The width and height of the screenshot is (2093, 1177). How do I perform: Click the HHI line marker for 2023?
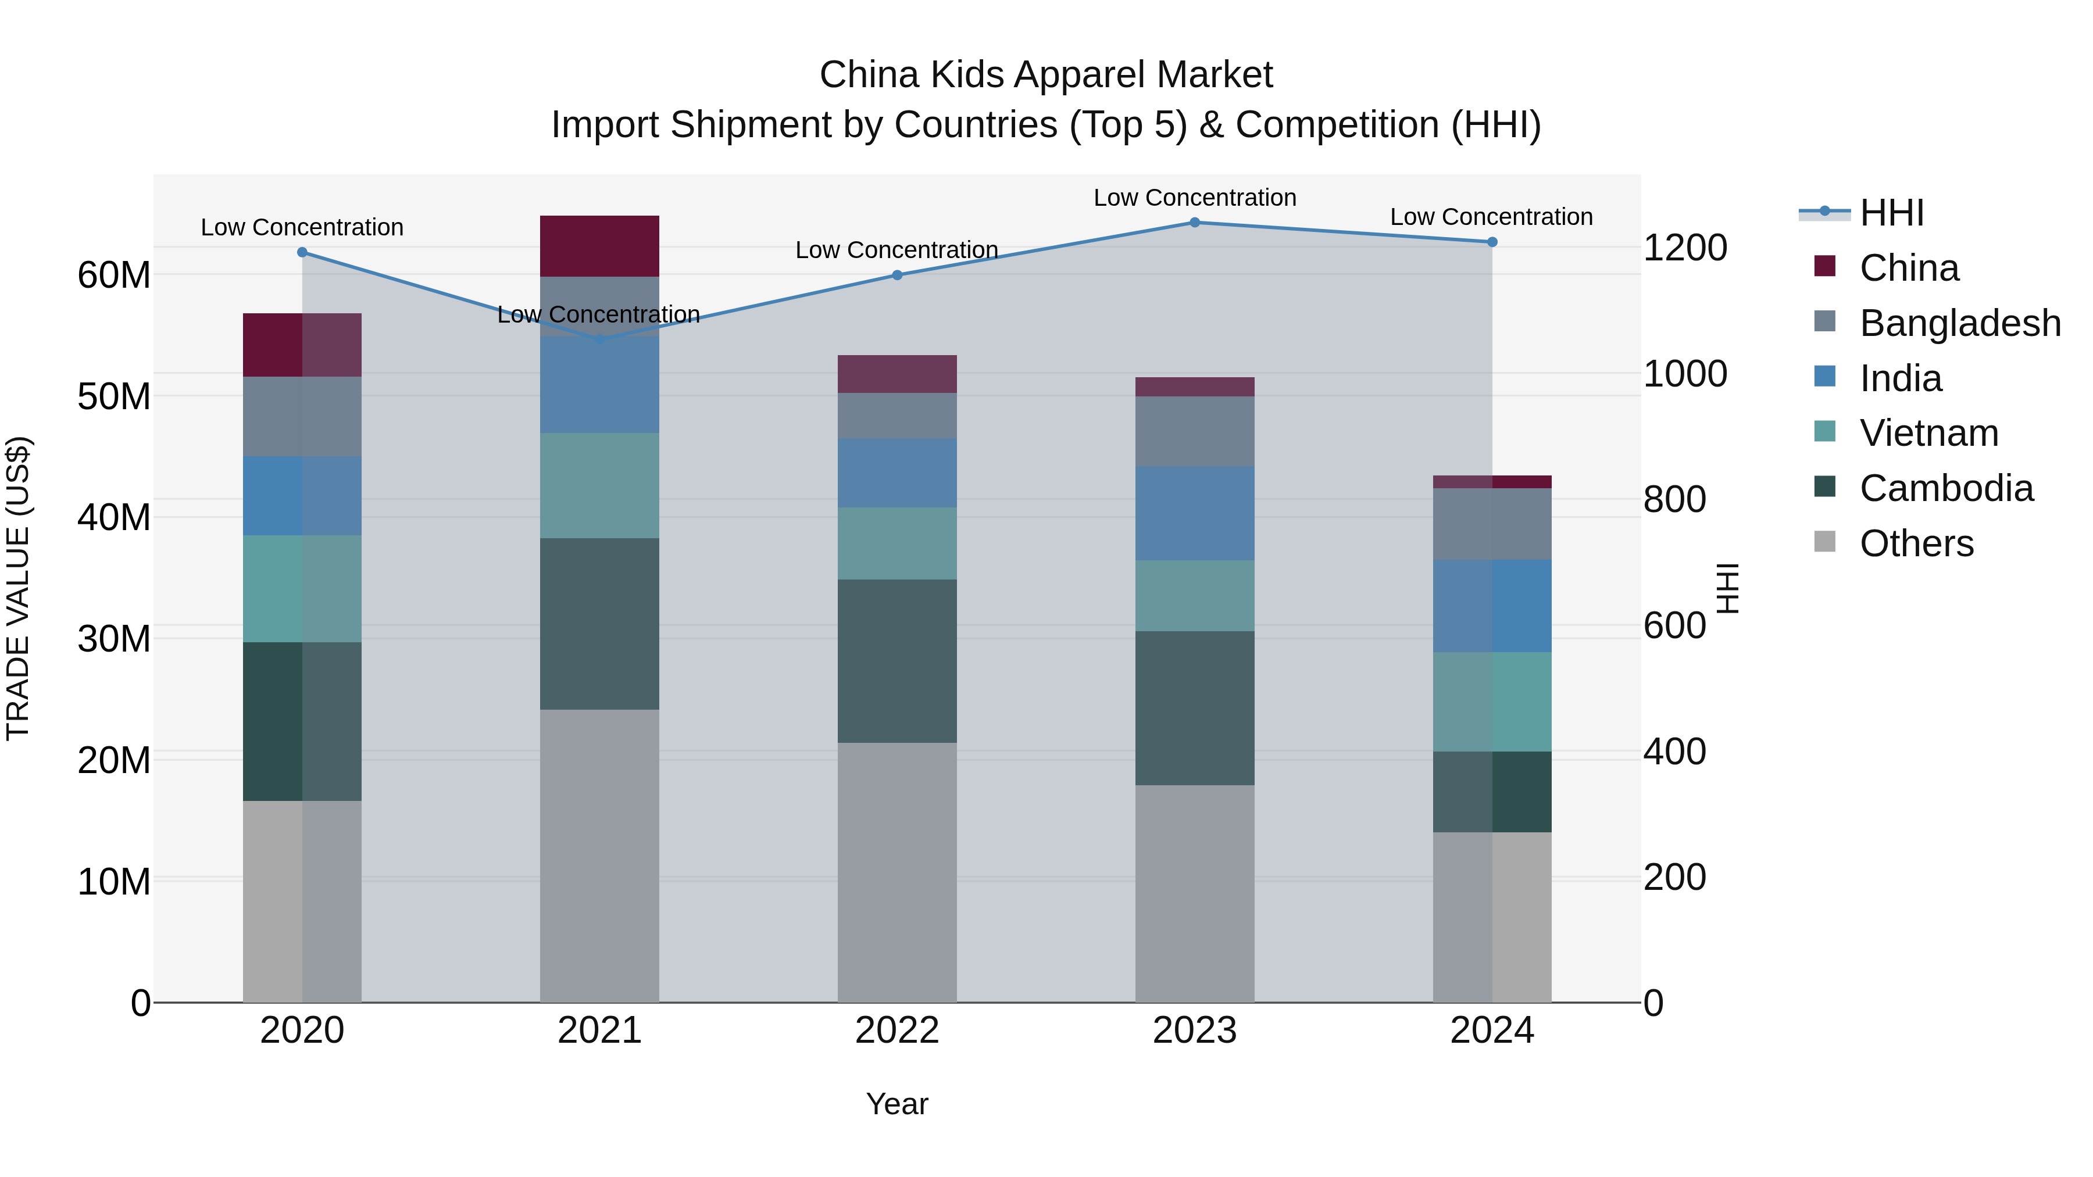tap(1194, 222)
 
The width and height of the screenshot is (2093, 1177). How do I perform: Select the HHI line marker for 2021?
tap(599, 339)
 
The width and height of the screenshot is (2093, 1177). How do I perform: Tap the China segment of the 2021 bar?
tap(599, 246)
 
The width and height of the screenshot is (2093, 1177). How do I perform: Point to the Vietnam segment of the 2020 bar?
tap(302, 588)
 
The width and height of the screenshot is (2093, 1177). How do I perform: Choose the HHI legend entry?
tap(1891, 213)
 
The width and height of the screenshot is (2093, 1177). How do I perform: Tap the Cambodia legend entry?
tap(1946, 488)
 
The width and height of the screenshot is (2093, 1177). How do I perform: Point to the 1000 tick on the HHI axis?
tap(1684, 374)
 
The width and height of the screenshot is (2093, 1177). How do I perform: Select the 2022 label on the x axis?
tap(897, 1031)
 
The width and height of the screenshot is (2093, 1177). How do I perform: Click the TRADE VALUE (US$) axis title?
tap(19, 588)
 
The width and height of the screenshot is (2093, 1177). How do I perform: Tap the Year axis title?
tap(897, 1104)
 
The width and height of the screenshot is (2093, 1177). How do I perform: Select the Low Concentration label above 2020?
tap(302, 227)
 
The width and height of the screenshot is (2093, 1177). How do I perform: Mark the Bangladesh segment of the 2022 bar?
tap(897, 416)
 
